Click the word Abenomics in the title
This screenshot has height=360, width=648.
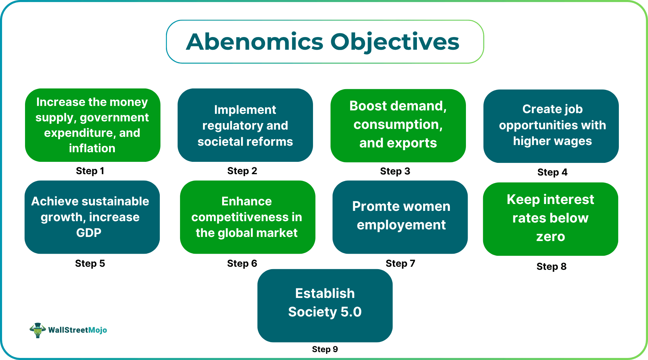pyautogui.click(x=254, y=42)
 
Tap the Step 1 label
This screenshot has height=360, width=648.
pyautogui.click(x=90, y=171)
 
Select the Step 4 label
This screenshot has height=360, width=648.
pyautogui.click(x=552, y=172)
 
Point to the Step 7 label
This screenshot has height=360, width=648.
pyautogui.click(x=400, y=263)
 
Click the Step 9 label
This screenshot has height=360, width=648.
pyautogui.click(x=325, y=349)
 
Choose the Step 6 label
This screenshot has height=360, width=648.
pyautogui.click(x=242, y=263)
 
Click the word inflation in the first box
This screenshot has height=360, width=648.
pyautogui.click(x=92, y=148)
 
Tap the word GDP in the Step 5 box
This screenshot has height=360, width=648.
pyautogui.click(x=88, y=233)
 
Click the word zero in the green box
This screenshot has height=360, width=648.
pyautogui.click(x=550, y=237)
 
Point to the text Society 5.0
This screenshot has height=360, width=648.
pyautogui.click(x=325, y=312)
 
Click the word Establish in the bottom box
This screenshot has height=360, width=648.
pyautogui.click(x=325, y=293)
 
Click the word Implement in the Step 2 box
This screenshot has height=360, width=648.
pyautogui.click(x=245, y=110)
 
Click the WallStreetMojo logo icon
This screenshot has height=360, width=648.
pyautogui.click(x=38, y=330)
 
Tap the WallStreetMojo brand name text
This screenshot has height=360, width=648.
pyautogui.click(x=77, y=330)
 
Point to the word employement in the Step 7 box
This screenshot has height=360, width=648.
pyautogui.click(x=401, y=225)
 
